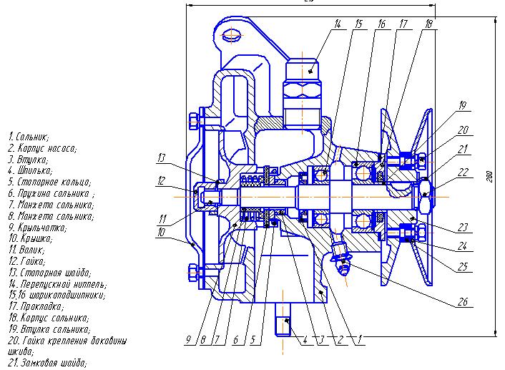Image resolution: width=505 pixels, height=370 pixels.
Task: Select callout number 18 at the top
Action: click(428, 24)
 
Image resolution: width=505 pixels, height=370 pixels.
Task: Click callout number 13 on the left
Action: click(162, 157)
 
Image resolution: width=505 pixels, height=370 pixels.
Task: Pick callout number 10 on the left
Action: click(162, 232)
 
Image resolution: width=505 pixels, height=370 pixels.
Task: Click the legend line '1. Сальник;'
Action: click(29, 136)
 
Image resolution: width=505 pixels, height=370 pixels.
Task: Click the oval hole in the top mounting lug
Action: click(230, 34)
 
